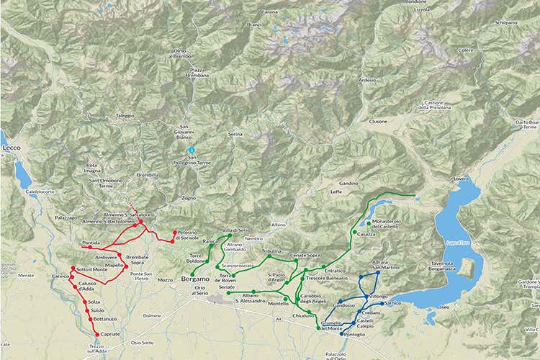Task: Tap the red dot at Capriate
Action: (x=97, y=334)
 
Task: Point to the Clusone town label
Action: (x=378, y=122)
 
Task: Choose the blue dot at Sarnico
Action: (x=381, y=304)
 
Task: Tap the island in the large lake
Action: (x=466, y=267)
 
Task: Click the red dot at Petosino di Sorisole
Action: (x=174, y=233)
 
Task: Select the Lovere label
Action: (x=461, y=177)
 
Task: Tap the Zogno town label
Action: (x=189, y=197)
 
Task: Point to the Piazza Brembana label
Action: (x=198, y=72)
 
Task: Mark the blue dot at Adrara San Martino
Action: (x=378, y=273)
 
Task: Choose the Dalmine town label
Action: (x=152, y=315)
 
